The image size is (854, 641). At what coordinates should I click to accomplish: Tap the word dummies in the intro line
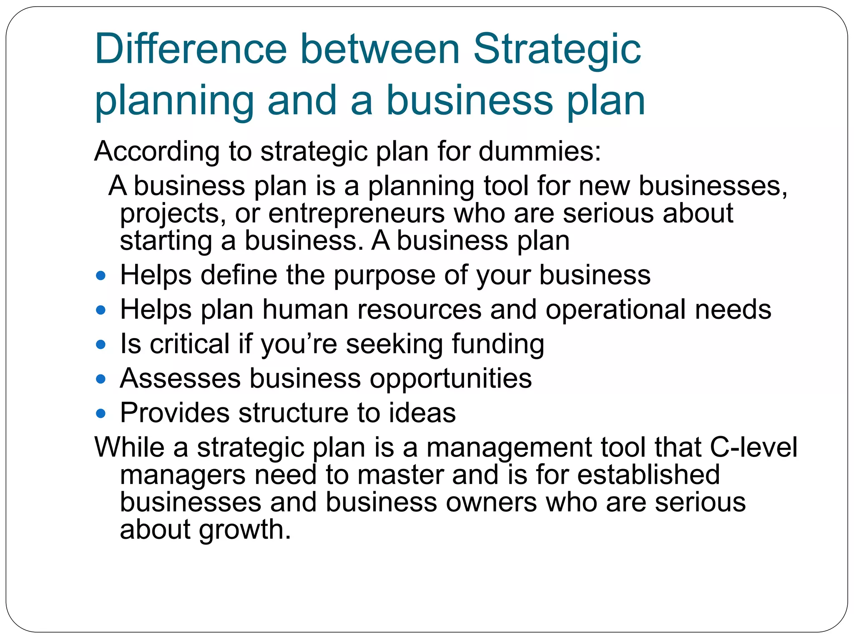[540, 151]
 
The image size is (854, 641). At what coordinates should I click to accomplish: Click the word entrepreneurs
[357, 214]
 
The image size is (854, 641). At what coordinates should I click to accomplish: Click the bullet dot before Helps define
[100, 276]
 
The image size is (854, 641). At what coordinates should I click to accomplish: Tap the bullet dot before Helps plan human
[100, 310]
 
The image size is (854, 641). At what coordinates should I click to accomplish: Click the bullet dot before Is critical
[100, 345]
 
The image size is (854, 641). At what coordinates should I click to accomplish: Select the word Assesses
[180, 379]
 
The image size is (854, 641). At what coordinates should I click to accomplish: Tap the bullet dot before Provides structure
[100, 414]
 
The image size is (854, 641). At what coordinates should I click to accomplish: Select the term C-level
[753, 447]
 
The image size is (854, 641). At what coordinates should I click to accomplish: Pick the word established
[648, 475]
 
